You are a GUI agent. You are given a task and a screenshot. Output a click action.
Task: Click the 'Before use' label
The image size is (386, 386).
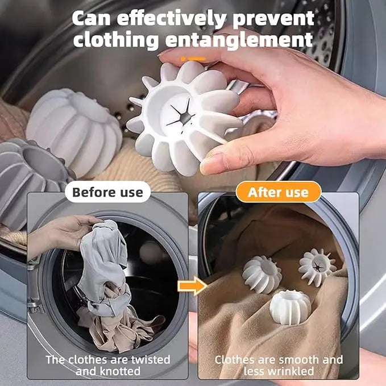pos(107,192)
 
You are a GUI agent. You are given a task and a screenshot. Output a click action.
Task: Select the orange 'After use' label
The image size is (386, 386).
pos(279,192)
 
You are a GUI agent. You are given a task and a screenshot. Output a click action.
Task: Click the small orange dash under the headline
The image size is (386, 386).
pos(193,58)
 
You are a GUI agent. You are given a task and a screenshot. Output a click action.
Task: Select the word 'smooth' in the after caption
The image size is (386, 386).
pos(304,360)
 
